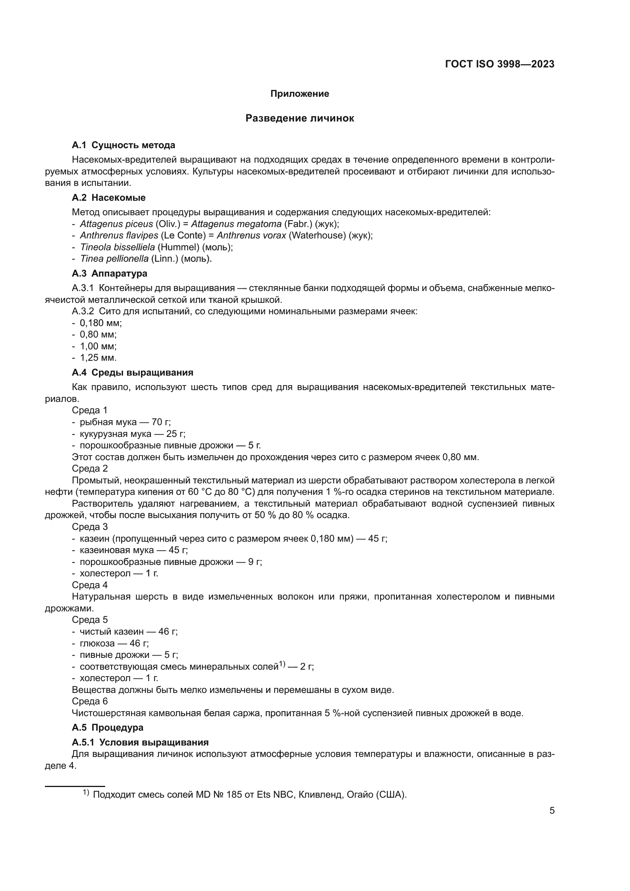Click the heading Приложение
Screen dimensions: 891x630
pyautogui.click(x=299, y=94)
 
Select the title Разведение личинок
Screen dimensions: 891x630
pyautogui.click(x=299, y=118)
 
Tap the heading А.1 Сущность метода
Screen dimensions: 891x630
pyautogui.click(x=123, y=145)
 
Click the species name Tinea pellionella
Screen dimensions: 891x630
pyautogui.click(x=114, y=258)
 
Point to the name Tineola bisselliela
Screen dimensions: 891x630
pyautogui.click(x=117, y=247)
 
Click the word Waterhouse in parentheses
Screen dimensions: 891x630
pyautogui.click(x=317, y=235)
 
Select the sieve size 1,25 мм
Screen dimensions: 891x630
pyautogui.click(x=98, y=357)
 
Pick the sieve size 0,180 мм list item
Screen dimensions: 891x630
pyautogui.click(x=101, y=323)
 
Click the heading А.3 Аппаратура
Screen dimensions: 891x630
pyautogui.click(x=109, y=273)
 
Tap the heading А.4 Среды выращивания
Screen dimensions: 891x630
pyautogui.click(x=132, y=373)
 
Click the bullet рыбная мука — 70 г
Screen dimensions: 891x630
pyautogui.click(x=125, y=422)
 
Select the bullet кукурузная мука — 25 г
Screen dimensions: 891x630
pyautogui.click(x=132, y=434)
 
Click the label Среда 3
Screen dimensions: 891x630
pyautogui.click(x=90, y=526)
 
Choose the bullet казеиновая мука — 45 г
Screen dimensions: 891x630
pyautogui.click(x=133, y=550)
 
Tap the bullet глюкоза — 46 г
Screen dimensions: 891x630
pyautogui.click(x=114, y=643)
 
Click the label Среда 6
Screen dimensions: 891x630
pyautogui.click(x=90, y=701)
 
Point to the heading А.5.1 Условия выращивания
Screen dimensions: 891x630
pyautogui.click(x=140, y=742)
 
